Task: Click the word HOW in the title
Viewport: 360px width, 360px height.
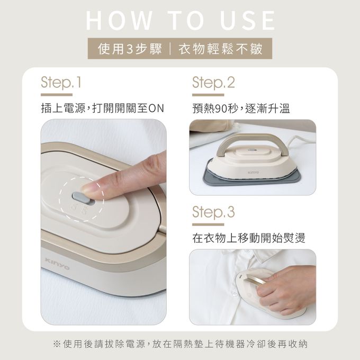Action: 119,20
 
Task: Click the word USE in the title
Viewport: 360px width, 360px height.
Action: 247,20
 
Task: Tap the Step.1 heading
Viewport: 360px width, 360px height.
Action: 61,83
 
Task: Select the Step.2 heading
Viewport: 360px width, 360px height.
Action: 213,83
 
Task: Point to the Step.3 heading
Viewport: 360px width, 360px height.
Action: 213,212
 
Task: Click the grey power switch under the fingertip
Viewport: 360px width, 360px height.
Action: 81,197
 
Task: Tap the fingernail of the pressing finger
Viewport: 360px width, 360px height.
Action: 88,188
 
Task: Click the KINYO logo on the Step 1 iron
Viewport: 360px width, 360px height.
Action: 57,264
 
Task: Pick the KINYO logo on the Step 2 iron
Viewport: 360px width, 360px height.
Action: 253,172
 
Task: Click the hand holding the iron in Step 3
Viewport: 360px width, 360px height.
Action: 287,289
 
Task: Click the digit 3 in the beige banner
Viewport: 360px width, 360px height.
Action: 130,49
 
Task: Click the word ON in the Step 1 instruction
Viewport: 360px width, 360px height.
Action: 156,109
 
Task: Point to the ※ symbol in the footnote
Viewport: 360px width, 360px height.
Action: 57,344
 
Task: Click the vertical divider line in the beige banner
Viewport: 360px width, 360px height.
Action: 170,49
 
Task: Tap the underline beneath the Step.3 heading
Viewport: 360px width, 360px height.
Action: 208,224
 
